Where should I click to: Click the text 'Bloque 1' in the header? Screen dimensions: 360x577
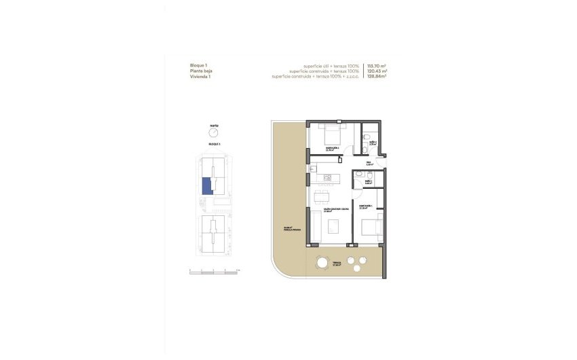click(200, 65)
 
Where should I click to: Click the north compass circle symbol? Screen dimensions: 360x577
click(214, 134)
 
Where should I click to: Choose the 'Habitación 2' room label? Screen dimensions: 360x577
click(333, 149)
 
